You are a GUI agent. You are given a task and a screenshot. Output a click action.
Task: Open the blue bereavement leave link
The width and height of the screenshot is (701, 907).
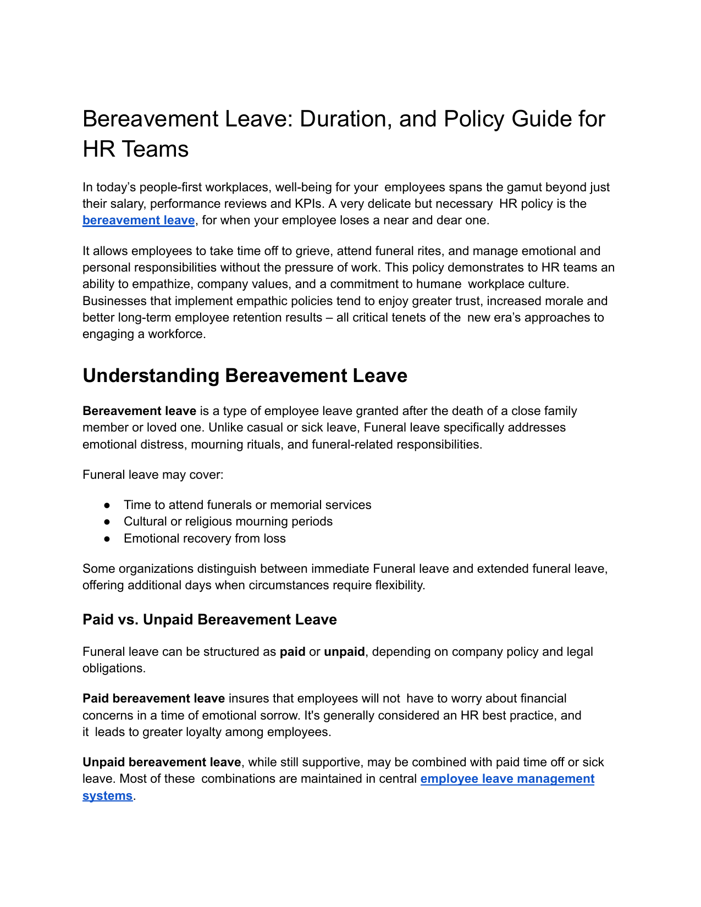coord(139,220)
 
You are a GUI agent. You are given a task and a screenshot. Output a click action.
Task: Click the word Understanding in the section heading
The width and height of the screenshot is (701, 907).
coord(151,376)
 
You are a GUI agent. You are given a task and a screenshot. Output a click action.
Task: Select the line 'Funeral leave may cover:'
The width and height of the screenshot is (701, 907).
coord(153,475)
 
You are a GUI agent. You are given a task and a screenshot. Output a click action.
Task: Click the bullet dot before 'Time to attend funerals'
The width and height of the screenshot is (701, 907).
coord(108,505)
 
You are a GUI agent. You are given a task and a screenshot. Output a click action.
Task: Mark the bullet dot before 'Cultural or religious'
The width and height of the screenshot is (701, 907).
coord(108,522)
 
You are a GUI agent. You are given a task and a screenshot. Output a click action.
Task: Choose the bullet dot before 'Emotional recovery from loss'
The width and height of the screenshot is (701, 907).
coord(108,539)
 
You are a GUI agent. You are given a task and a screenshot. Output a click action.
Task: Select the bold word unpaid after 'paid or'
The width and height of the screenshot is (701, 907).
coord(344,652)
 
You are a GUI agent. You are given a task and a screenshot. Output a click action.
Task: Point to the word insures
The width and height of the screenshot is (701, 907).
coord(249,699)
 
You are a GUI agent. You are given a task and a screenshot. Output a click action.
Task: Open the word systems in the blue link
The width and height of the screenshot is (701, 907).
coord(107,796)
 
